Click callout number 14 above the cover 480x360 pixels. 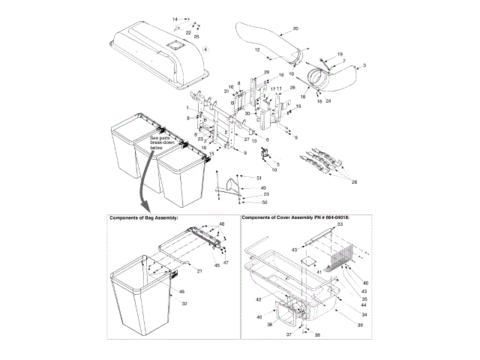coord(175,18)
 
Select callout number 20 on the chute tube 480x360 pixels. coord(295,28)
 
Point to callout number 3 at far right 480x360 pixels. coord(364,66)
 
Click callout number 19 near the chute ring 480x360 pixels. coord(339,54)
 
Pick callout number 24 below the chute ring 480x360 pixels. coord(328,100)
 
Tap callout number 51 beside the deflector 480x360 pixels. coord(259,177)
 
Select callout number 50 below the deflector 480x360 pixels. coord(264,202)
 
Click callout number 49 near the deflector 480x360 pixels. coord(263,187)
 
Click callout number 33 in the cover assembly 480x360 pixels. coord(339,225)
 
